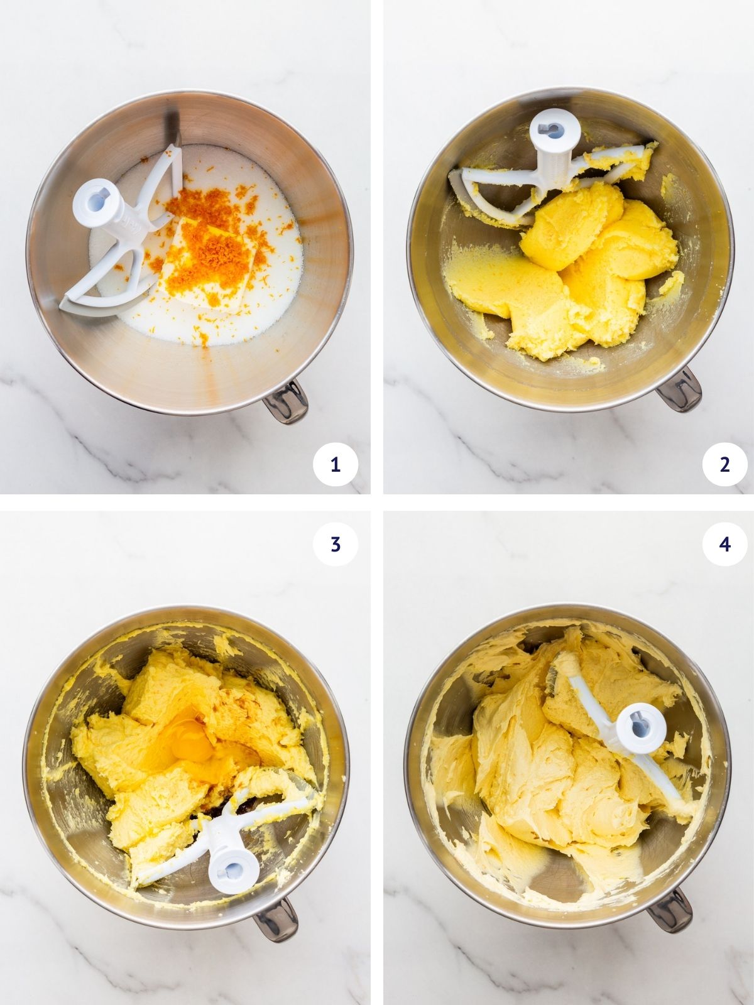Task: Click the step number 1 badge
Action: tap(335, 465)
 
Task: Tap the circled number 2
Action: tap(724, 465)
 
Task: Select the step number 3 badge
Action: tap(335, 544)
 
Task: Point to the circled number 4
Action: tap(724, 544)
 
